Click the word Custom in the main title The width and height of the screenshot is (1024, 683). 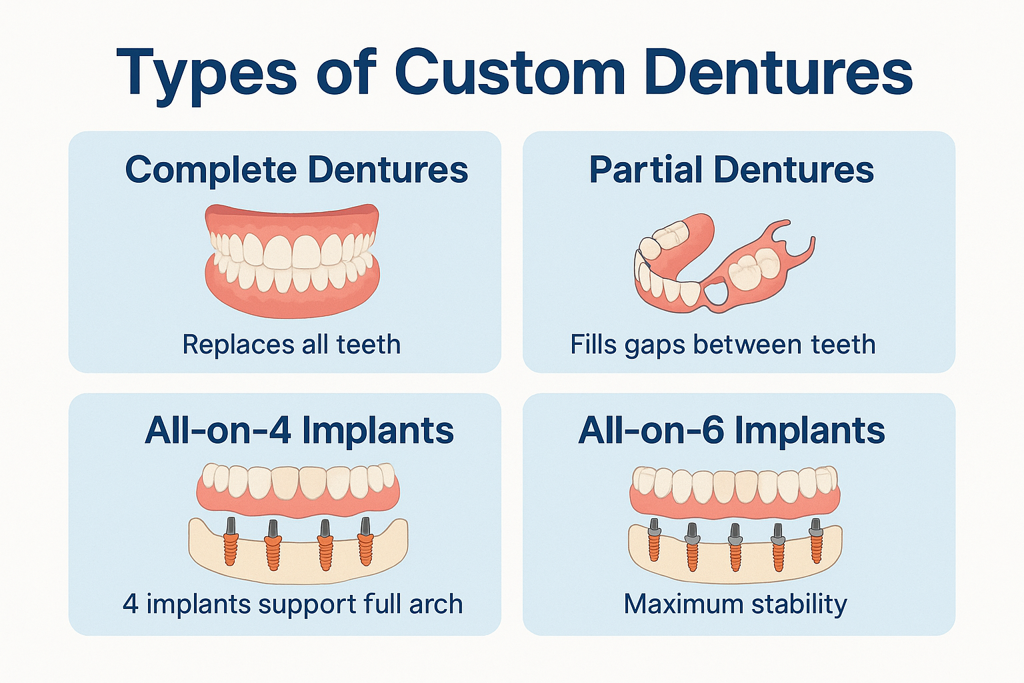[510, 72]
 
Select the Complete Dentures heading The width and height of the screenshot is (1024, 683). [297, 169]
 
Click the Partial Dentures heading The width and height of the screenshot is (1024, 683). [731, 169]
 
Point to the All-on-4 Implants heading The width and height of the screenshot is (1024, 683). [299, 430]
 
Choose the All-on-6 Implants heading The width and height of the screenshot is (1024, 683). [731, 430]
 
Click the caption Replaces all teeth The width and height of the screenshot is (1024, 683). [291, 345]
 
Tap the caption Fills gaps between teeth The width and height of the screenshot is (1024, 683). [723, 345]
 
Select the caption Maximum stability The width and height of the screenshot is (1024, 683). [735, 604]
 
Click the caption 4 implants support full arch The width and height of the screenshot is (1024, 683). [293, 604]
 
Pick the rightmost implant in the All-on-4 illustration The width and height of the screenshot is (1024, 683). [365, 541]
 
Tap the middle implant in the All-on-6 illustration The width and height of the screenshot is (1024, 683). [735, 547]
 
